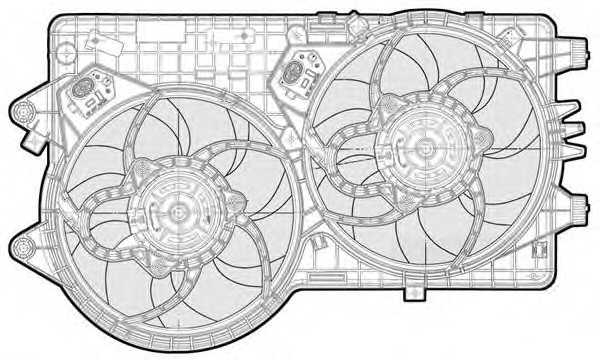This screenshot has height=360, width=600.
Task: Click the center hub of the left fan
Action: pos(171,211)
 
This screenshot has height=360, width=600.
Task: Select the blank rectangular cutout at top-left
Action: pos(163,31)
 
